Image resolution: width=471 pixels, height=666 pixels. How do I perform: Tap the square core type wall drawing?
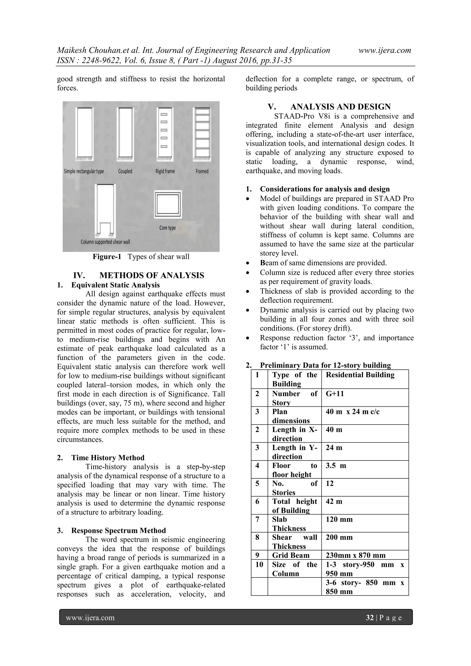168,204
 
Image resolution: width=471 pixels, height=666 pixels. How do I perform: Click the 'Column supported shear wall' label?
105,242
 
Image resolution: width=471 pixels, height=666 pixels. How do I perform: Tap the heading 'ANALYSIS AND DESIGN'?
340,107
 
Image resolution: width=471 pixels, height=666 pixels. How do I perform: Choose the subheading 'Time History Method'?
108,458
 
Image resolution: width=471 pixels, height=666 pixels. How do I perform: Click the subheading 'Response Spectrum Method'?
118,531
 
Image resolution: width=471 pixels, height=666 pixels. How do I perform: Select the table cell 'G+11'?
335,394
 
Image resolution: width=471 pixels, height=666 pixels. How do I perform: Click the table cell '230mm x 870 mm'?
356,555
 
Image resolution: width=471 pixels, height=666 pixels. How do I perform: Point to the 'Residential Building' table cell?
360,375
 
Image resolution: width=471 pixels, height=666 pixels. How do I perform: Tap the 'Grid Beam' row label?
290,555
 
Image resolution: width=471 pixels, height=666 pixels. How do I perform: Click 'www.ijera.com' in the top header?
385,50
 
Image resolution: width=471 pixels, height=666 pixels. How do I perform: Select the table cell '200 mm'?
339,537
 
